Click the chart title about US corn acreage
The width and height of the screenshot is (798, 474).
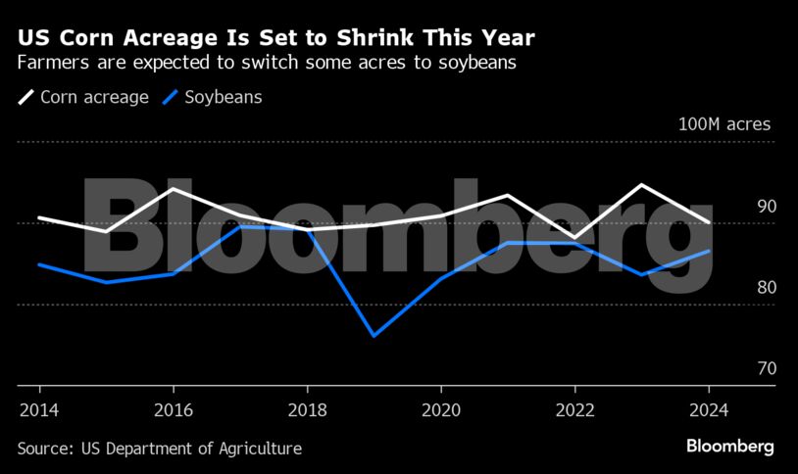[x=275, y=38]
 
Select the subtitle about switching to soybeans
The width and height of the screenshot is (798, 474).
[x=266, y=64]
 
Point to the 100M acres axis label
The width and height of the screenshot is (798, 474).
[x=724, y=124]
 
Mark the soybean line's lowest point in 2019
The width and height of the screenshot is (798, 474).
[x=374, y=336]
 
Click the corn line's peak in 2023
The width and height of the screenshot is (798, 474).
[x=642, y=184]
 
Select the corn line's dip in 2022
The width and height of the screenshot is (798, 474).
[x=575, y=238]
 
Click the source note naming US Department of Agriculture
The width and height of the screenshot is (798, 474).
[x=159, y=449]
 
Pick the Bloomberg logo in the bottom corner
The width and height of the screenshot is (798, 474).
[x=729, y=447]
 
